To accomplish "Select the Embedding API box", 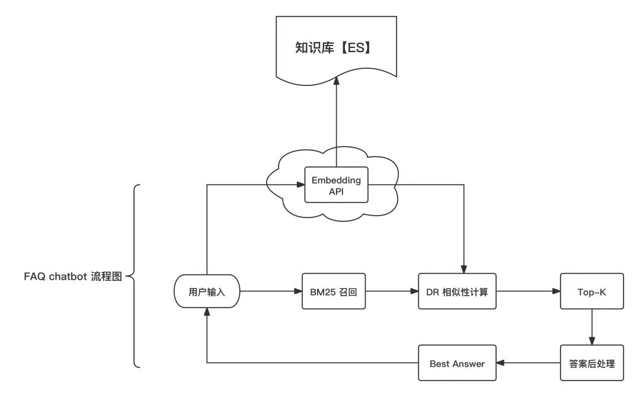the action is click(337, 185).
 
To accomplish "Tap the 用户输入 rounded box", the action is click(207, 292).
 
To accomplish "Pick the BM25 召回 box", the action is click(334, 292).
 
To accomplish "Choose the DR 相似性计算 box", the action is click(457, 292).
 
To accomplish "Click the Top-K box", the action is click(592, 292).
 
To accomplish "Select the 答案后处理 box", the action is click(592, 363).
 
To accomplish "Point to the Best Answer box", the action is click(457, 363).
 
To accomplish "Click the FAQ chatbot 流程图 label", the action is click(73, 276).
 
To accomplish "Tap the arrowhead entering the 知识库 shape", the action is click(337, 81).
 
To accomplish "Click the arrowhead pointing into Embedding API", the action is click(300, 185).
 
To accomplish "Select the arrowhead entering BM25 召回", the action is click(298, 292).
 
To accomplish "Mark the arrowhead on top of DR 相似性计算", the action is click(463, 269).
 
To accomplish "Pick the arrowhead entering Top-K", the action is click(556, 292).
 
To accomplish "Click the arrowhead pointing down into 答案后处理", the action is click(592, 341).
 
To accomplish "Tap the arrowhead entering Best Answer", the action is click(500, 363).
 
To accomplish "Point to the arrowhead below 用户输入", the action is click(207, 312).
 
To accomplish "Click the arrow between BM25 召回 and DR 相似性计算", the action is click(392, 292).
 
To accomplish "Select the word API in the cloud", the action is click(337, 191).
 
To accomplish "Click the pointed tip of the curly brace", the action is click(127, 276).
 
